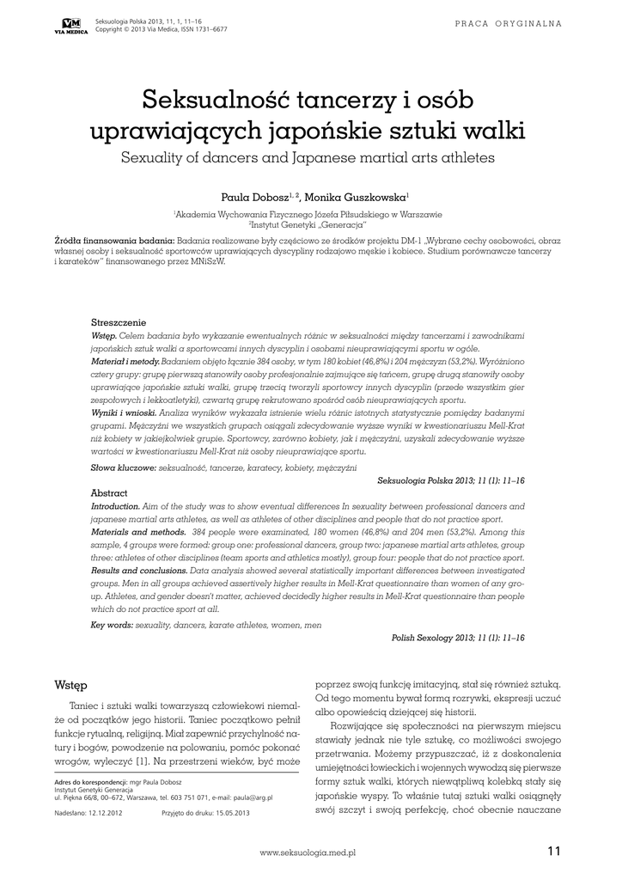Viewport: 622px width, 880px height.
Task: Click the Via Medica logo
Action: click(x=71, y=25)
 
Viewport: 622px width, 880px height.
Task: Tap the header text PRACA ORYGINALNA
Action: click(x=509, y=22)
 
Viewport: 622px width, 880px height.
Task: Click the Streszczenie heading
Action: click(x=119, y=321)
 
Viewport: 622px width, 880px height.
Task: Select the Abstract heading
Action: click(x=109, y=493)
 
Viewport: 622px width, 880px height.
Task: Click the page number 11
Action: click(x=552, y=851)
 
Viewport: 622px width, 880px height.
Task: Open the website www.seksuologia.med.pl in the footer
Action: click(x=308, y=852)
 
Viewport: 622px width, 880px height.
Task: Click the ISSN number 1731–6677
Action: click(x=209, y=28)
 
